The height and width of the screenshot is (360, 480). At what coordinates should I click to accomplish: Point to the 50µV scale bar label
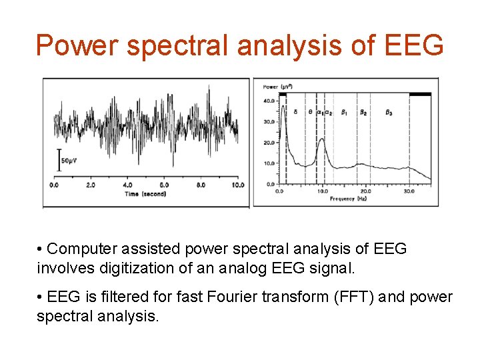[x=71, y=161]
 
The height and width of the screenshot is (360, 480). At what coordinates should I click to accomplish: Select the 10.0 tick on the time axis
[x=237, y=185]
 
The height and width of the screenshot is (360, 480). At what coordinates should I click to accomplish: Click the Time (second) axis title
[x=145, y=194]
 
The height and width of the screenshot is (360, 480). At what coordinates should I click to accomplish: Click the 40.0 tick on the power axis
[x=269, y=101]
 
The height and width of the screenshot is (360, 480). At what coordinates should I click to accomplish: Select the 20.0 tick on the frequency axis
[x=366, y=191]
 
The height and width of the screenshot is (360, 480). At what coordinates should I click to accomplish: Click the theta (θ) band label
[x=309, y=113]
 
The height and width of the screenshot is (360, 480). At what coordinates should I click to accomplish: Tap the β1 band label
[x=344, y=113]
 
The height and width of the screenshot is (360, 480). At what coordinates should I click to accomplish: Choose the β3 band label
[x=389, y=113]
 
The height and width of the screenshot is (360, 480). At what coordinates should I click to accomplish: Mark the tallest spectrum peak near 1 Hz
[x=284, y=100]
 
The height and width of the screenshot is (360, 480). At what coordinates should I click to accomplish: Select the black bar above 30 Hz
[x=419, y=95]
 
